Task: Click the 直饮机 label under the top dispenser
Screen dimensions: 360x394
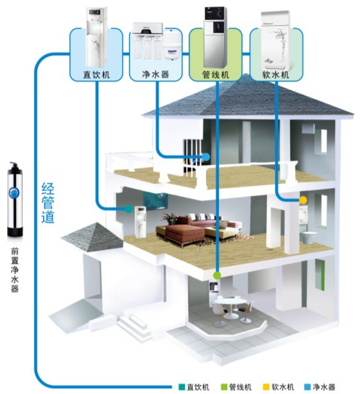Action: point(96,75)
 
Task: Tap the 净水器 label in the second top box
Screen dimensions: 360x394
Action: point(156,74)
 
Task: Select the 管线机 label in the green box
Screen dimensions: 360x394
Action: point(216,74)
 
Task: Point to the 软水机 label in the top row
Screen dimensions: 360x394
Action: point(276,74)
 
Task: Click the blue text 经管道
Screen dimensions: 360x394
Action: point(47,203)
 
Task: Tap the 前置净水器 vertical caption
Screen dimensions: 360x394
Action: point(15,270)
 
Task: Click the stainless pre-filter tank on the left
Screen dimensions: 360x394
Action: point(15,200)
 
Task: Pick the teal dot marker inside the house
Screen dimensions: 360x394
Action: point(128,209)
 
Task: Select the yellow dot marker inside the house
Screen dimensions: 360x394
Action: point(303,200)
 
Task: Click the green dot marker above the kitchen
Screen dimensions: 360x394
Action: point(217,275)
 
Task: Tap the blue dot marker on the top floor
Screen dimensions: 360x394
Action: point(206,157)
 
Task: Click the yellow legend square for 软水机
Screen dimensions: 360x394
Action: point(266,387)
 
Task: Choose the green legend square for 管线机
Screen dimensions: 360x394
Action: point(224,387)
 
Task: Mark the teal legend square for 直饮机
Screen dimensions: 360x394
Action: point(182,387)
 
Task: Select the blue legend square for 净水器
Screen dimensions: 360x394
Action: point(307,387)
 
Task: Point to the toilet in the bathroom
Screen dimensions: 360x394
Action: point(308,237)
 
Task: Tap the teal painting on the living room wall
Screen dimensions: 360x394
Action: point(155,201)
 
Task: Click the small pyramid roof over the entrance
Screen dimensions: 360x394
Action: point(92,236)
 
